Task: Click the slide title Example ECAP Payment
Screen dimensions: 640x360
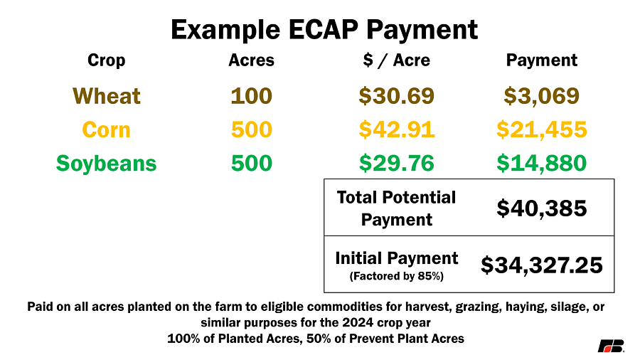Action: (324, 30)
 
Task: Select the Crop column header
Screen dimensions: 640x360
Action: (106, 60)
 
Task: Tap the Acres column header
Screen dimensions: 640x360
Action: (252, 60)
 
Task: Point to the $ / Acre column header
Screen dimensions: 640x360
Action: (396, 60)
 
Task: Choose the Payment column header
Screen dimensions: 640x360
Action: (542, 60)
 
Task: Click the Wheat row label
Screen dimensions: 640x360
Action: (107, 96)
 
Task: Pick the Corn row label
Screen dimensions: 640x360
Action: (106, 129)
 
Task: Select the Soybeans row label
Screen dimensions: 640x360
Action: (106, 164)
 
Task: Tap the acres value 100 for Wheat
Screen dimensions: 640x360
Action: (252, 96)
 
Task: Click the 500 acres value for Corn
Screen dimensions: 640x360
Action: (252, 129)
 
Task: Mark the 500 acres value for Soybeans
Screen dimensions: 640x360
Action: (252, 163)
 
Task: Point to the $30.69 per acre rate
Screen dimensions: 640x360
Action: (396, 96)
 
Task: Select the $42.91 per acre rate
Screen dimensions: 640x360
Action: (396, 129)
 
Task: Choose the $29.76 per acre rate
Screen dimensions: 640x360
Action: (396, 163)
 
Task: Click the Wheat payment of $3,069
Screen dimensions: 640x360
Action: (542, 96)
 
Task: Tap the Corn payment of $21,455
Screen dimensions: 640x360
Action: (542, 129)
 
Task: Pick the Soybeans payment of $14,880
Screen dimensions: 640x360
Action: (542, 163)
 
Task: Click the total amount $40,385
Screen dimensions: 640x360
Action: (542, 208)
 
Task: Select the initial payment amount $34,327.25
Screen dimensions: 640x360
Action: (542, 265)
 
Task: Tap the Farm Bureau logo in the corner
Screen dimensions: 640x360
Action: (611, 346)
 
